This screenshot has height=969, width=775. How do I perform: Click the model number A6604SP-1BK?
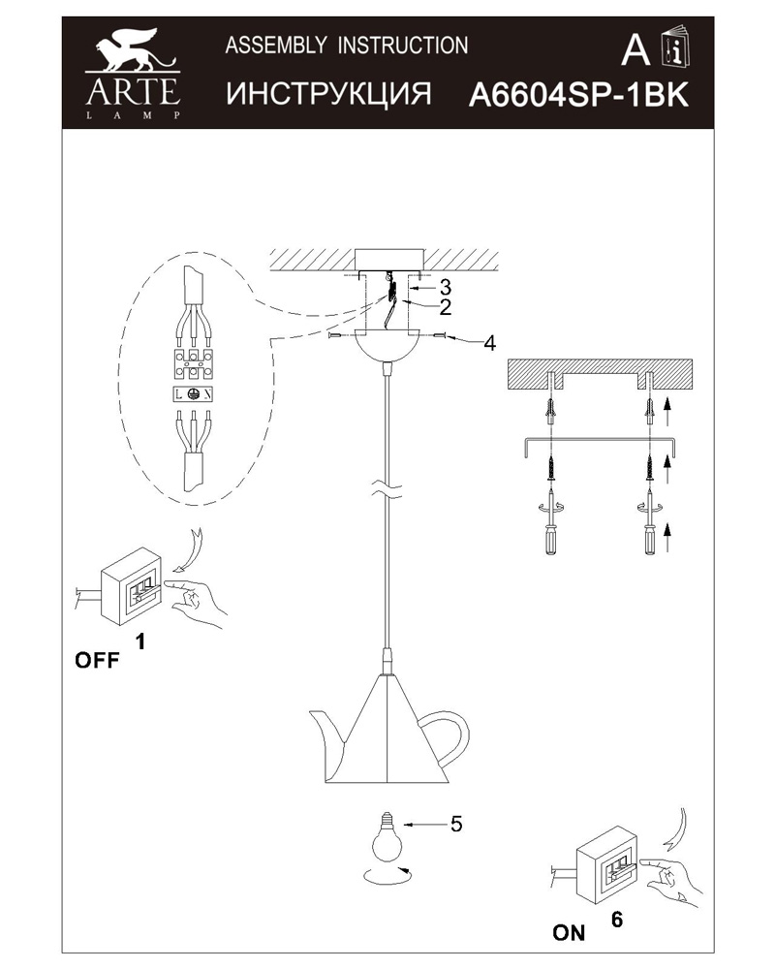(x=578, y=95)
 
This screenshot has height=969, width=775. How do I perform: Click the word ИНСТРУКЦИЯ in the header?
(x=327, y=94)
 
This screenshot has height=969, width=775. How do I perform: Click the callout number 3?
(x=445, y=287)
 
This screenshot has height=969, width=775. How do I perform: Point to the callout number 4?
(x=489, y=343)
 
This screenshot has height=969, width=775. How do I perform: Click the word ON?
(x=569, y=933)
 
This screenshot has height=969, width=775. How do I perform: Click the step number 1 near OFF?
(x=140, y=641)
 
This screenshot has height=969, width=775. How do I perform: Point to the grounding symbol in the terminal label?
(x=193, y=394)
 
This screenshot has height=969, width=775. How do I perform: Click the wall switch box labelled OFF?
(x=134, y=585)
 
